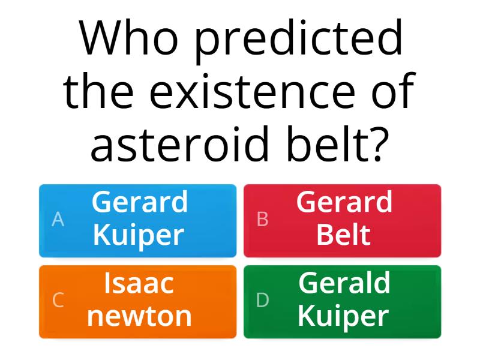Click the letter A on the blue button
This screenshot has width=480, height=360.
click(x=58, y=220)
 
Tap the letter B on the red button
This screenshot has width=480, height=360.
click(x=262, y=220)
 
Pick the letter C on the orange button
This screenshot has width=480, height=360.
click(x=58, y=300)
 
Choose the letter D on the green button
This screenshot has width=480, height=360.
click(x=262, y=300)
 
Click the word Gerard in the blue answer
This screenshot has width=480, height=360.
click(x=139, y=203)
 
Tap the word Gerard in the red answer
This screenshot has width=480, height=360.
click(x=344, y=203)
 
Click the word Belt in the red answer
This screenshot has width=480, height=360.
click(x=343, y=235)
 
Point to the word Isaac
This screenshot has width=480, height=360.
click(x=139, y=283)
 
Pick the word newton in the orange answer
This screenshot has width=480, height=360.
click(x=139, y=316)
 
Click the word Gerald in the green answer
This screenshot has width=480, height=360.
click(x=344, y=283)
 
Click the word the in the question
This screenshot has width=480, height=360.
click(x=100, y=91)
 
